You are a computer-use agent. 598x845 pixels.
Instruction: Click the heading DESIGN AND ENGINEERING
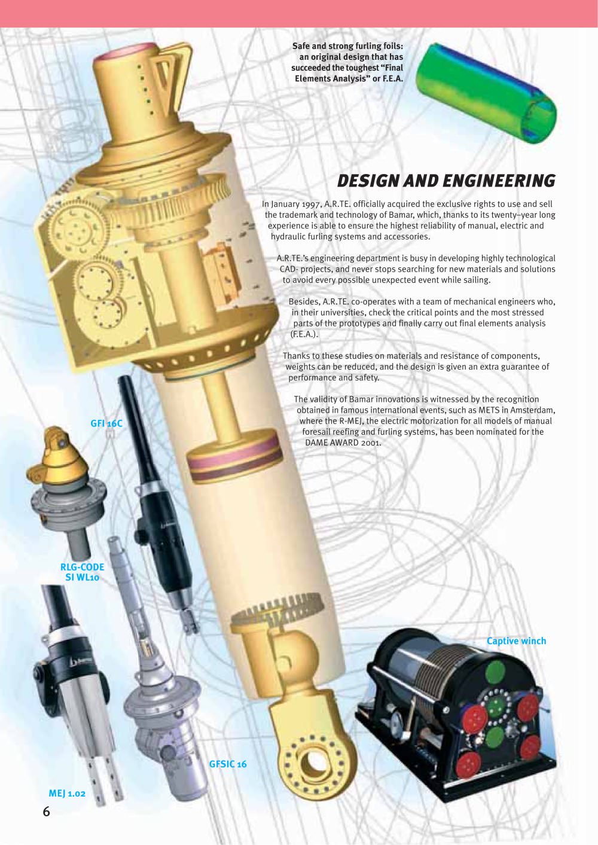446,181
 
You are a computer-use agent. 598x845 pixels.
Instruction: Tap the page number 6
46,811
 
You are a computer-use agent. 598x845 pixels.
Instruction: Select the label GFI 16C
106,423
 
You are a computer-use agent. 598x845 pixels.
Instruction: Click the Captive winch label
516,641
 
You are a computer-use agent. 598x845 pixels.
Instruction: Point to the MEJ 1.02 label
67,794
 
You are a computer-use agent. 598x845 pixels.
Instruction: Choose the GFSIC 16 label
228,764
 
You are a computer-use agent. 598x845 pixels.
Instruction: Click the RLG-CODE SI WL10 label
83,572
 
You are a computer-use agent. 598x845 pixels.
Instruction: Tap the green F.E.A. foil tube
486,93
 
